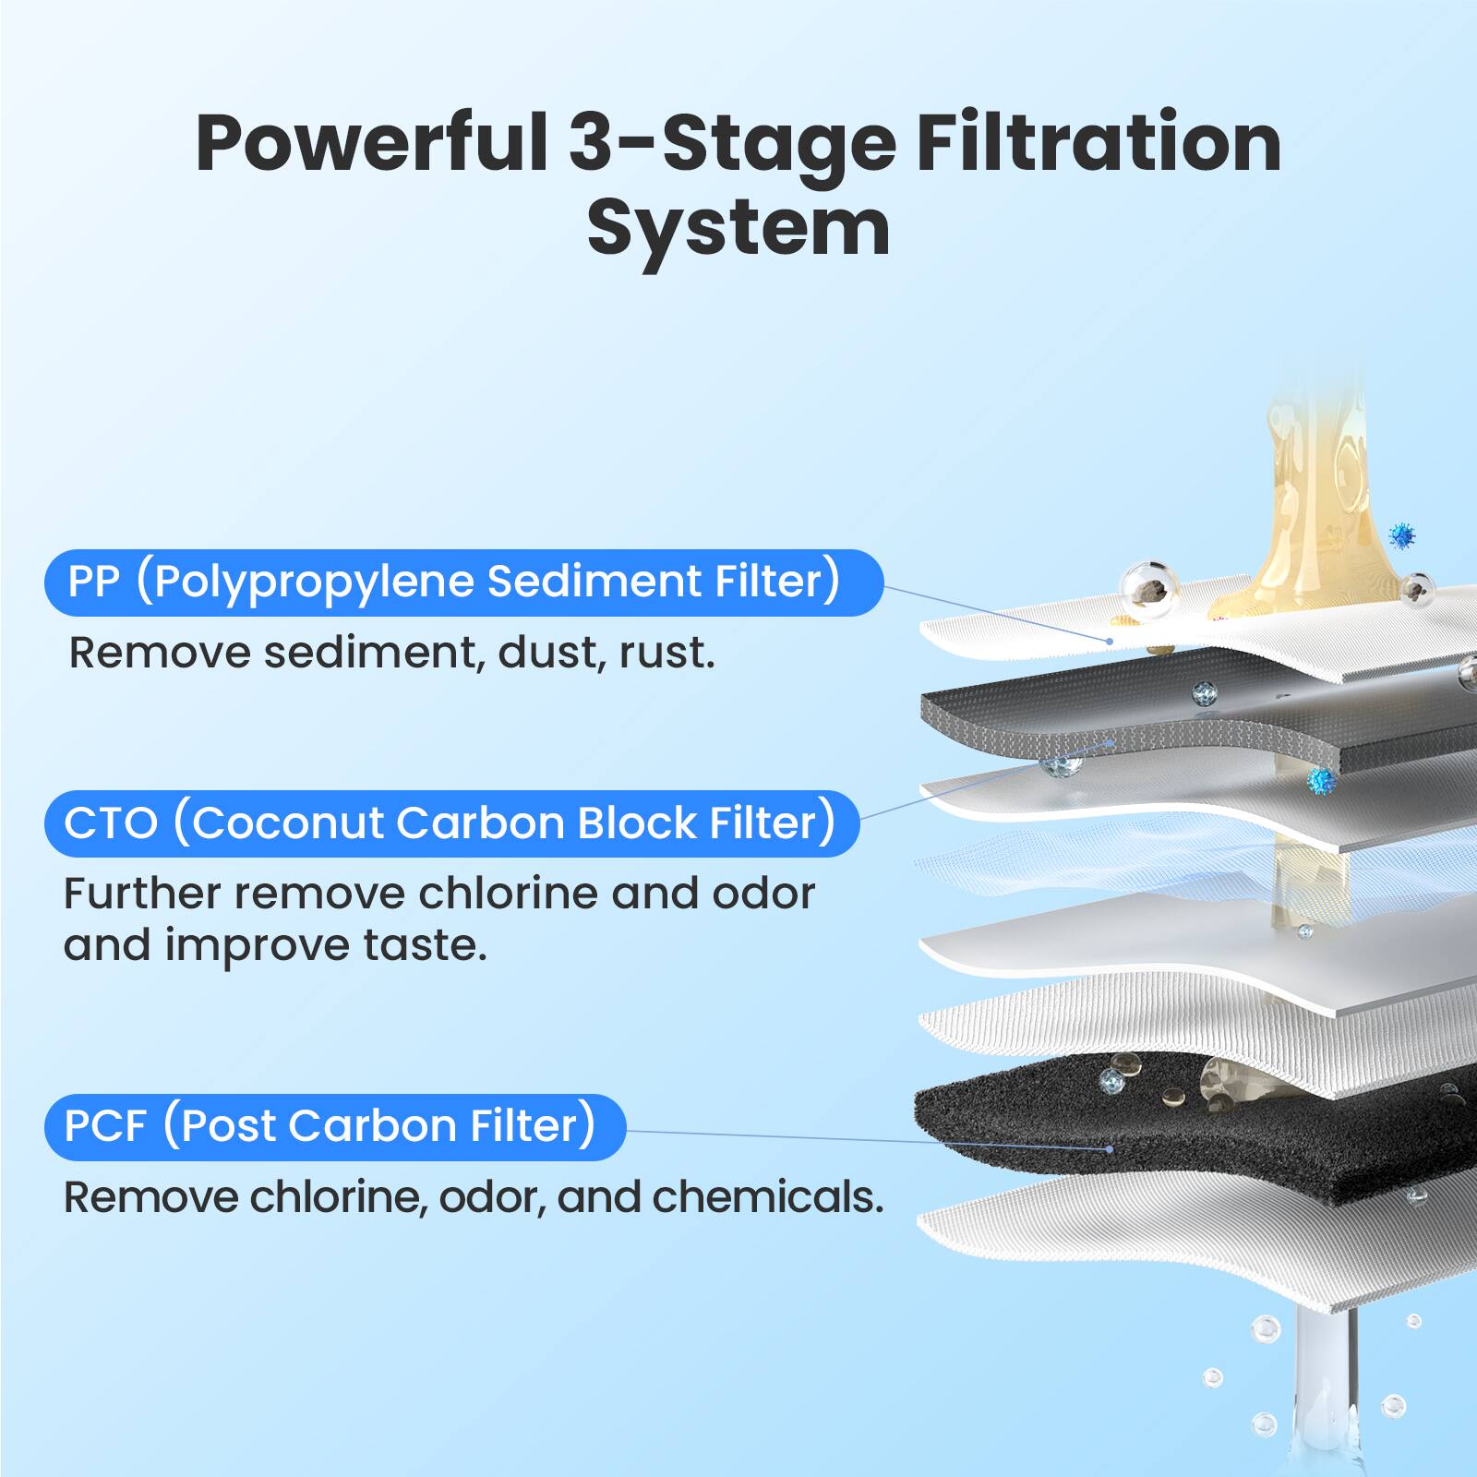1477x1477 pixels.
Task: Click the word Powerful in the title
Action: pos(371,143)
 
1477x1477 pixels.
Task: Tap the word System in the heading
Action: pos(738,228)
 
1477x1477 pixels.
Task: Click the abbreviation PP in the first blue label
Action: pos(94,582)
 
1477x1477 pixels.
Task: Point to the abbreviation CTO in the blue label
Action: pos(111,823)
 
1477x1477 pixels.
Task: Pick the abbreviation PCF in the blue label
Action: pos(105,1126)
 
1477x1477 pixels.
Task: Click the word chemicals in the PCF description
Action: pos(767,1197)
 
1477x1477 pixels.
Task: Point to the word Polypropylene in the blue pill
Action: pos(315,582)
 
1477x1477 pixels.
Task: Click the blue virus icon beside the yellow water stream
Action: pos(1402,534)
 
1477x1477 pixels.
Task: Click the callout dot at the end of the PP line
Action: pos(1110,641)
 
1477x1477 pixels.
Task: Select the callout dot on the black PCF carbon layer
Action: pos(1110,1149)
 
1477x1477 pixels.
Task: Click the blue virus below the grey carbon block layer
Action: pos(1322,782)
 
